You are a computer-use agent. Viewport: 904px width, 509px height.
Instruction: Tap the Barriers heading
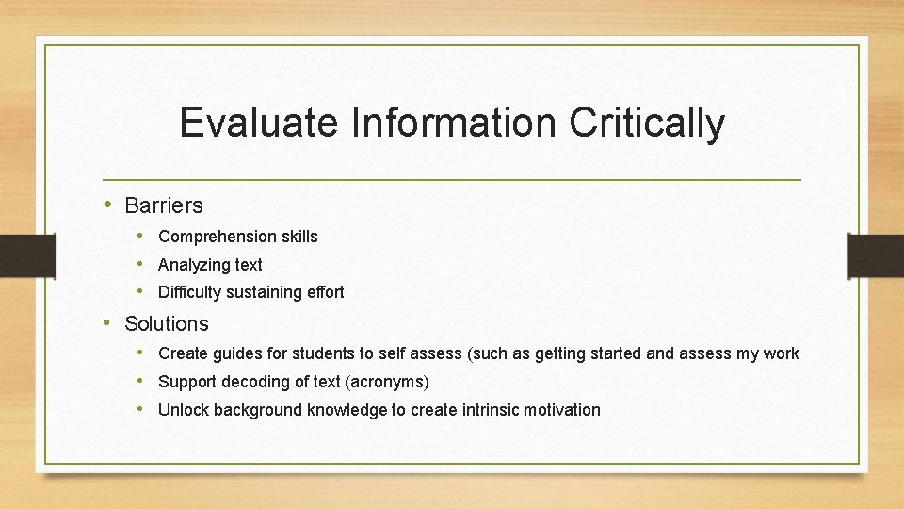click(x=163, y=205)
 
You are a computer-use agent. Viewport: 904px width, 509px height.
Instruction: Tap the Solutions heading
click(x=166, y=323)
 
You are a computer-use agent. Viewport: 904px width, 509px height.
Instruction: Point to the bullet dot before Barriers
click(x=108, y=204)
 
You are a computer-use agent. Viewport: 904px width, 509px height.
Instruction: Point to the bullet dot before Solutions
click(x=108, y=322)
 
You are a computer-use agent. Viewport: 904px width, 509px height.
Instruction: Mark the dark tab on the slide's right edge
click(x=876, y=254)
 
